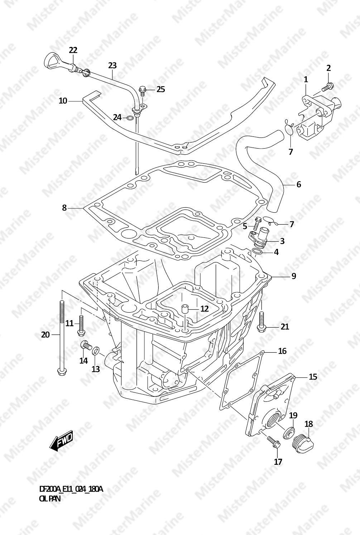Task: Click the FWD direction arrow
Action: pos(61,441)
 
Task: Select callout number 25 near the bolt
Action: pos(160,89)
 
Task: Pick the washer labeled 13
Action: pos(96,351)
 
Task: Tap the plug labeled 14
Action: pos(85,346)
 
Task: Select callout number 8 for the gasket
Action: pos(64,208)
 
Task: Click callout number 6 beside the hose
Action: pos(298,185)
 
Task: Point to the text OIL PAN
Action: pos(50,499)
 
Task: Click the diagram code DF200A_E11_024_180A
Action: pos(71,489)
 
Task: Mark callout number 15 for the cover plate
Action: pos(313,377)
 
